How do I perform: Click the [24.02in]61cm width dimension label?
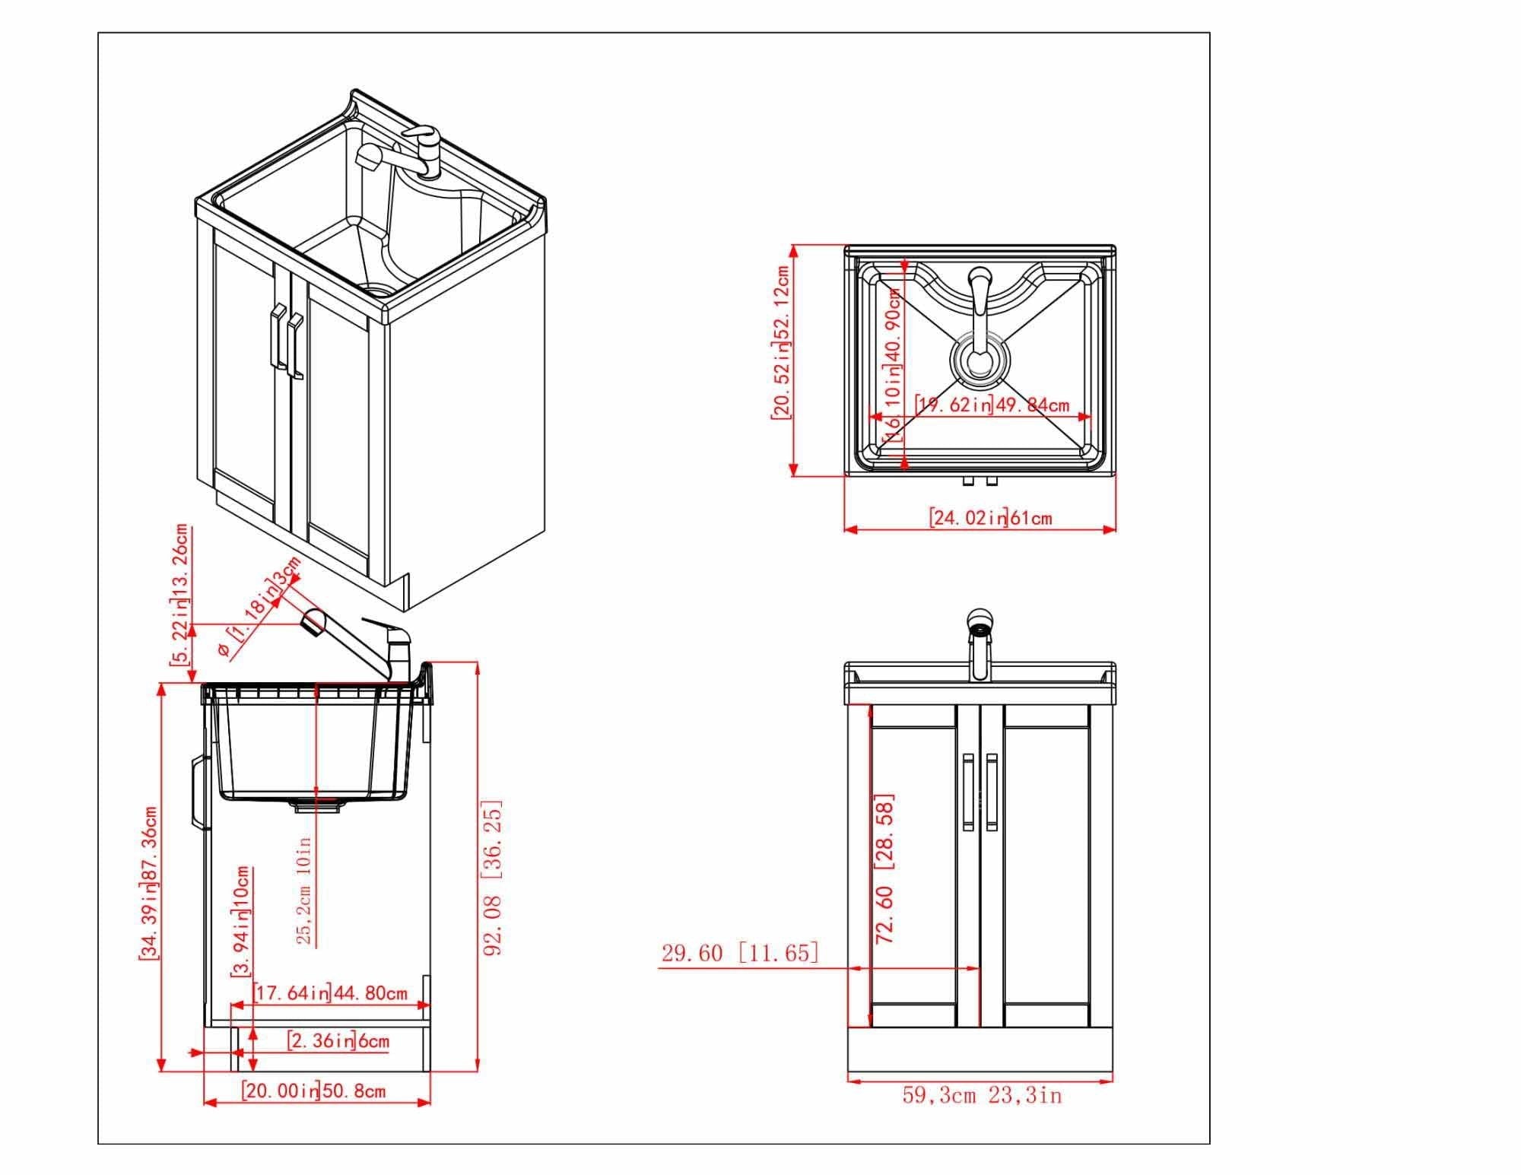(990, 518)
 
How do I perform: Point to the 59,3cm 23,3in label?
(982, 1096)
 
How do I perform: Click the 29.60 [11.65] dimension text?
(739, 953)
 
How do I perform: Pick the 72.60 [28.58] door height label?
(884, 869)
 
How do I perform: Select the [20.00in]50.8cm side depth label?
(313, 1091)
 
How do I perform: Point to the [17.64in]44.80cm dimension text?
(330, 993)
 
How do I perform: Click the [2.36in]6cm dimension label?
(338, 1040)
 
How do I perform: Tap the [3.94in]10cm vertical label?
(242, 922)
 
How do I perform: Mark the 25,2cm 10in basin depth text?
(304, 891)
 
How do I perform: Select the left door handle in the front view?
(967, 792)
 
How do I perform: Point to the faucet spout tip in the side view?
(312, 621)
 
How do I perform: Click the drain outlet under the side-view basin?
(316, 806)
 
